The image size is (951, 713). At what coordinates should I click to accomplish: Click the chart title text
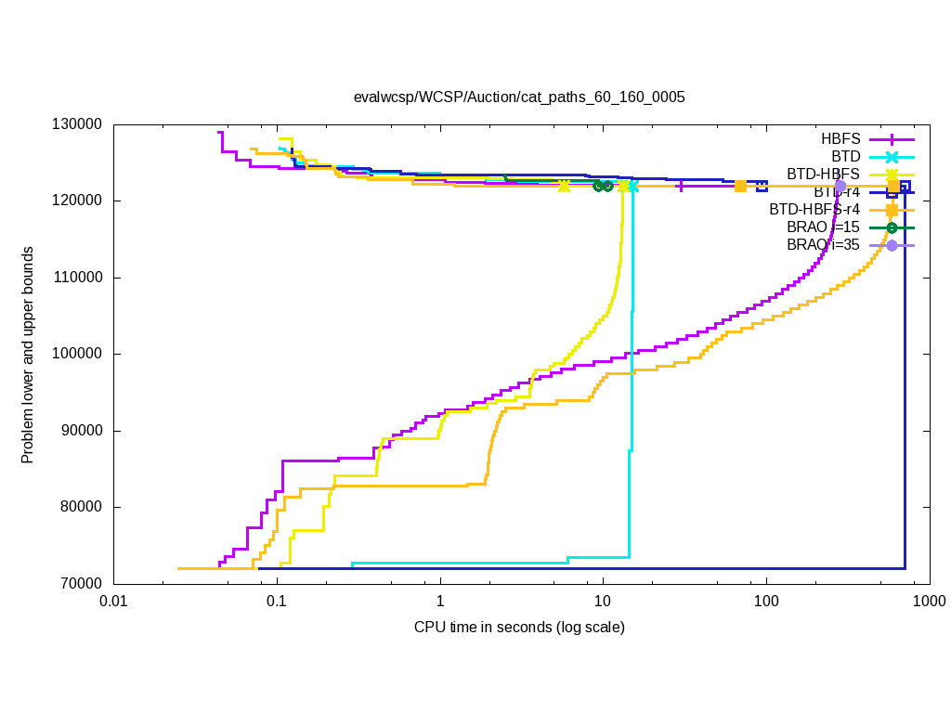point(519,97)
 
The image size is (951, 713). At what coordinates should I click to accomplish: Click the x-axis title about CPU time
point(519,628)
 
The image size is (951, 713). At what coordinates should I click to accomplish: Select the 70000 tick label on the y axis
point(83,583)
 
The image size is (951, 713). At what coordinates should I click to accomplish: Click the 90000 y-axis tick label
point(83,431)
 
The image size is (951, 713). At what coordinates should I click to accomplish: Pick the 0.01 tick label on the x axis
point(113,602)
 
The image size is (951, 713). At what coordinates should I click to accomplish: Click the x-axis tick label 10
point(603,602)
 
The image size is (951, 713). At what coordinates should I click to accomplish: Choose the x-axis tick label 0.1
point(276,602)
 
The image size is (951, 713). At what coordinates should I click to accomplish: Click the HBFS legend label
point(840,138)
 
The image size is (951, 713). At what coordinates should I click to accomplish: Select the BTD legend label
point(846,156)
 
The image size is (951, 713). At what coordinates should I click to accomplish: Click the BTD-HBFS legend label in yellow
point(824,174)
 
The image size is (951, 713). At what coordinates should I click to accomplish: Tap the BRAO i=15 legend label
point(824,227)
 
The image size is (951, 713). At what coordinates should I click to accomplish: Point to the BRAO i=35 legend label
point(824,245)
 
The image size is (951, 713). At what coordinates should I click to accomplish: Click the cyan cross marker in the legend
point(892,156)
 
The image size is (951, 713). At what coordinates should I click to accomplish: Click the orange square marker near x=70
point(740,186)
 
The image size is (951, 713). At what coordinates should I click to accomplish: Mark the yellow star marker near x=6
point(564,186)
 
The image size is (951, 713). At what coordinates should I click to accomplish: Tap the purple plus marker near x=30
point(681,186)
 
